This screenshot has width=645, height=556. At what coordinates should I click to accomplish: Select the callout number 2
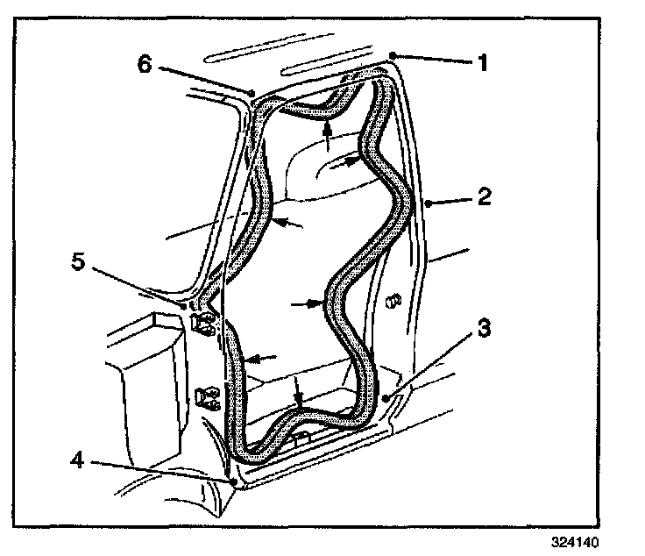click(483, 197)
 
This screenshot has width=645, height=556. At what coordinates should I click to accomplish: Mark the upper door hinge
click(202, 323)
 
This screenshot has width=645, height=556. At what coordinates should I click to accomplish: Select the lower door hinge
click(207, 399)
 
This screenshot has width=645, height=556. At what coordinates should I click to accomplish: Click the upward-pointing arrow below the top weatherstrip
click(327, 133)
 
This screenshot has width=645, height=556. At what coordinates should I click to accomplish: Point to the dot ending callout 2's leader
click(427, 203)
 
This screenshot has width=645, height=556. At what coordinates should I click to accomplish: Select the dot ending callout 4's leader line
click(235, 481)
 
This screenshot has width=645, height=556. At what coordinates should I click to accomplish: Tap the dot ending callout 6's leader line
click(252, 90)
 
